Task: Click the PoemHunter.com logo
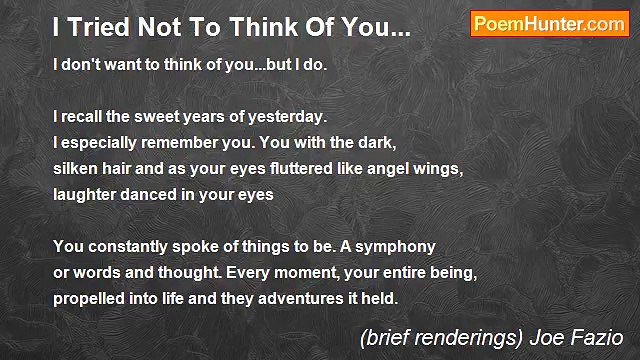[549, 25]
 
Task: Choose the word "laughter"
[87, 195]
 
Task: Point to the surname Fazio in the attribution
[603, 337]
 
